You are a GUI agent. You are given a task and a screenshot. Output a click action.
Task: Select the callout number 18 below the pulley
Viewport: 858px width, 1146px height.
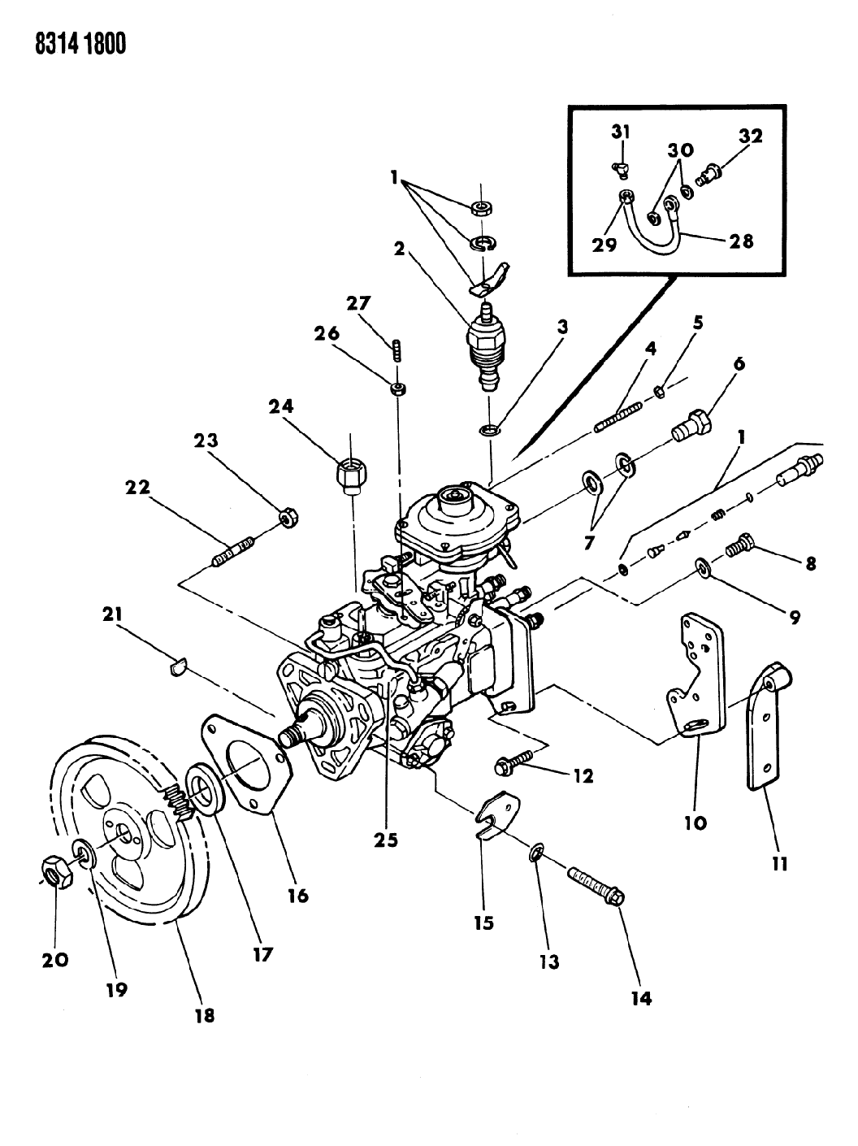[204, 1014]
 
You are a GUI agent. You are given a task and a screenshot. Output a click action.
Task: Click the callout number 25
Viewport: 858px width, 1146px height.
[386, 840]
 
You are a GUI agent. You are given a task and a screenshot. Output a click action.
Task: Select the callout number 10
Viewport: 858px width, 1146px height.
[695, 822]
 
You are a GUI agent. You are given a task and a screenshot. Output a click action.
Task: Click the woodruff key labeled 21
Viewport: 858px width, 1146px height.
[179, 666]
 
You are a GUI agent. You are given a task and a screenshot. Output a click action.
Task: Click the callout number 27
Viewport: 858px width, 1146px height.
[359, 304]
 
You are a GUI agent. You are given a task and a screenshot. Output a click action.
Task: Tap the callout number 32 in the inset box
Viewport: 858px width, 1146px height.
[750, 137]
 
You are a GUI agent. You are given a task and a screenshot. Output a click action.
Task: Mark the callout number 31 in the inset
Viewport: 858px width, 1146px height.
[621, 132]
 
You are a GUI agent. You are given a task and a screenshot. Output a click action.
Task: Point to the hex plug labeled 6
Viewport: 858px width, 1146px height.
[693, 423]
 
